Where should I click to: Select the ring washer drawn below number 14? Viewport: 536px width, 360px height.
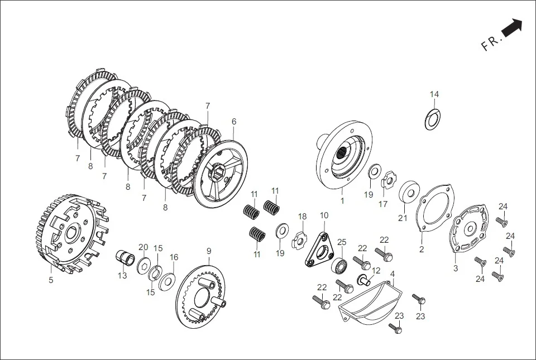point(433,119)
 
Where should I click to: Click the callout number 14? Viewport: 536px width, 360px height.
point(434,94)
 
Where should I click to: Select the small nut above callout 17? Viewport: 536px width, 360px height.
point(388,182)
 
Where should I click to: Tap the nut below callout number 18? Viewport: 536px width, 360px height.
point(300,241)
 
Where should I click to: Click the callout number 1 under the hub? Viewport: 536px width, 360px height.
point(342,199)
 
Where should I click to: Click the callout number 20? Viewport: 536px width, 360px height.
point(143,247)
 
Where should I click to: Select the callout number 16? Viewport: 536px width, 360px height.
point(174,257)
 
